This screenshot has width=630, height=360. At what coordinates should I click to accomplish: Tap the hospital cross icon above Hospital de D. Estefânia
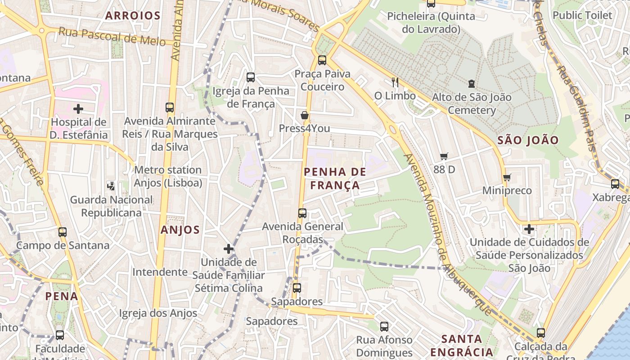coord(78,108)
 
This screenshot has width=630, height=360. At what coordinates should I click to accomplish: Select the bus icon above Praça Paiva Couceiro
coord(322,60)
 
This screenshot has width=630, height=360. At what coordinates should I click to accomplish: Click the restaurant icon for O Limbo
coord(395,82)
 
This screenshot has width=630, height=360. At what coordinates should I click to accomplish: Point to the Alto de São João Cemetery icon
coord(471,83)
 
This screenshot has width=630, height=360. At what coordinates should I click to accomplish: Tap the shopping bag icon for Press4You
coord(305,115)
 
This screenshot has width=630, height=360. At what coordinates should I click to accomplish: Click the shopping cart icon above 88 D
coord(444,156)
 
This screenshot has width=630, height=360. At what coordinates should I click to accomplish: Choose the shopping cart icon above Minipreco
coord(507,177)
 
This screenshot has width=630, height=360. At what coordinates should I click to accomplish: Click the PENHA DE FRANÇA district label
coord(335,179)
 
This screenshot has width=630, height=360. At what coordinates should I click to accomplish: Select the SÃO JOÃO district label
coord(528,140)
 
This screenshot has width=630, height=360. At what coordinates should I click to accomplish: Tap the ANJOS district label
coord(180,230)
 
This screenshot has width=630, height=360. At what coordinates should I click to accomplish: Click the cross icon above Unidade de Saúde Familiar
coord(229,248)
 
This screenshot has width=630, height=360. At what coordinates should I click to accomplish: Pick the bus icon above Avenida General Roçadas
coord(302,213)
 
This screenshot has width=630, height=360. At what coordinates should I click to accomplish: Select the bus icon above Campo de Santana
coord(63,232)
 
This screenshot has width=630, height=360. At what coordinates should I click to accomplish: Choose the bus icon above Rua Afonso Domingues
coord(384,326)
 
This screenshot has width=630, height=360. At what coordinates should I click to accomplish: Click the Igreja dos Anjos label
coord(158,313)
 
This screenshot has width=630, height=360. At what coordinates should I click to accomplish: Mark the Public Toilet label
coord(582,15)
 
